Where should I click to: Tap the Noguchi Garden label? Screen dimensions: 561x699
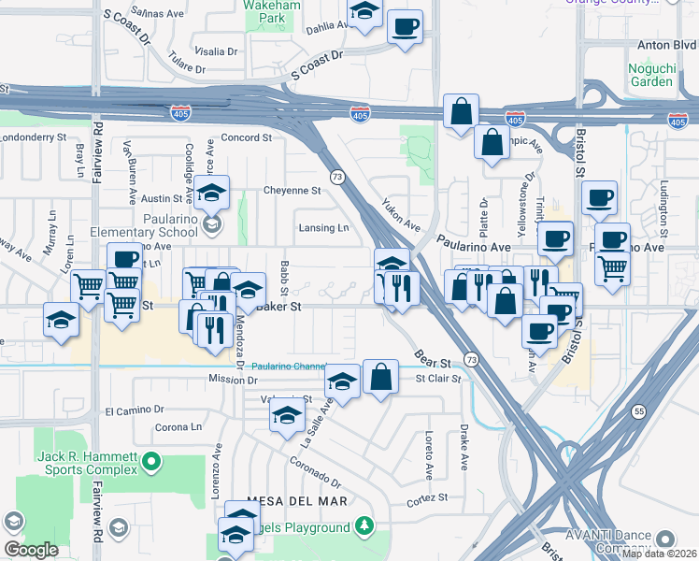[650, 73]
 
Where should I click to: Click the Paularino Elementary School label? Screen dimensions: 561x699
[144, 240]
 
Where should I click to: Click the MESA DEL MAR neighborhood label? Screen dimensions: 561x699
[284, 501]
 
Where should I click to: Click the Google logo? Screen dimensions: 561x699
[31, 550]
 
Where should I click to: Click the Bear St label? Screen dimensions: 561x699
[434, 355]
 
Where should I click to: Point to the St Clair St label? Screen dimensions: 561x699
[438, 379]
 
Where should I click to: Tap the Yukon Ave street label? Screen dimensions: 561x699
[401, 216]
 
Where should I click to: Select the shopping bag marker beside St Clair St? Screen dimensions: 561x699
[380, 378]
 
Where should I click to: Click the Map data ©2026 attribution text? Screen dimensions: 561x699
[660, 554]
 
